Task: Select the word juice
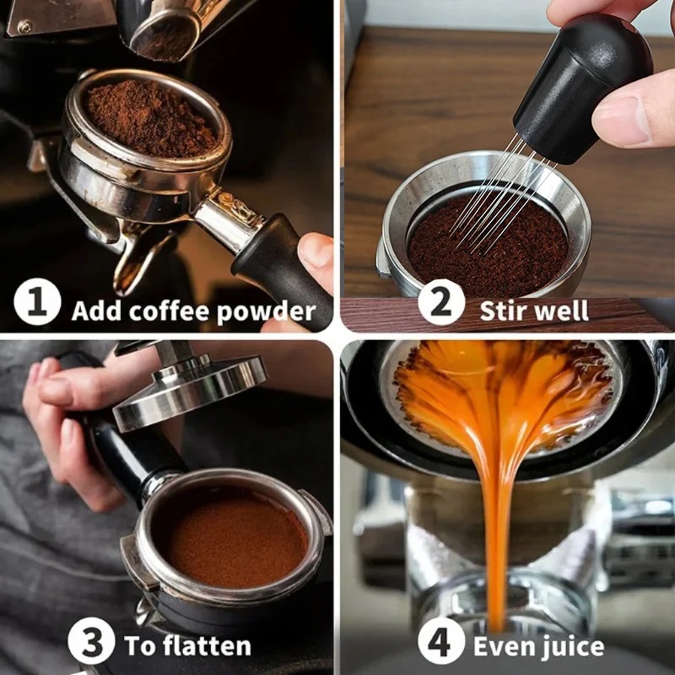tap(570, 646)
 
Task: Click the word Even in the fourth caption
tap(504, 646)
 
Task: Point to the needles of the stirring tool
tap(498, 190)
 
